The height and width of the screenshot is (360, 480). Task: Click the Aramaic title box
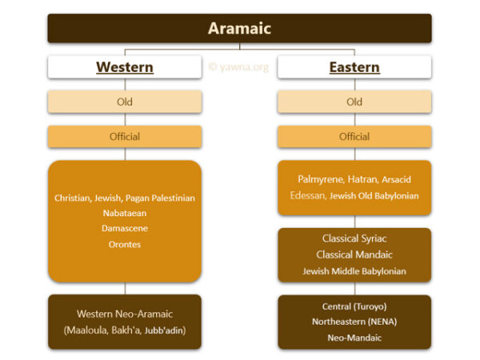239,29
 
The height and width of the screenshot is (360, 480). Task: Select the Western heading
124,67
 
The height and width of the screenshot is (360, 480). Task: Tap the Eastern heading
354,67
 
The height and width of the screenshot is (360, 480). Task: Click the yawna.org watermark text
238,67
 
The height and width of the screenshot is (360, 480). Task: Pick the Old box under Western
124,102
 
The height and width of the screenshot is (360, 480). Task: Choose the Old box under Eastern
354,102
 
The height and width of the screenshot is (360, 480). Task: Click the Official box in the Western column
124,136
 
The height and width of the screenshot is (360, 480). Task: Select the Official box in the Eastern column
354,136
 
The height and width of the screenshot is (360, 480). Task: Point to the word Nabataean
124,214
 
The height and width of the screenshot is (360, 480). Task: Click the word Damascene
124,229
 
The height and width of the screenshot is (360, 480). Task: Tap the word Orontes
124,244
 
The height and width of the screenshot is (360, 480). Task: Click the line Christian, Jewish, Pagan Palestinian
124,198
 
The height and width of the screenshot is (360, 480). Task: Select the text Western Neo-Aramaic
124,314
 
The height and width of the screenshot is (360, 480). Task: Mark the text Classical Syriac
354,239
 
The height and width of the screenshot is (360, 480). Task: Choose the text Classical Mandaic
354,255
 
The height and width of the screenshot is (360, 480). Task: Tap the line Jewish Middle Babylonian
354,271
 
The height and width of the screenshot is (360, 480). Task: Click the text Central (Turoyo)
354,306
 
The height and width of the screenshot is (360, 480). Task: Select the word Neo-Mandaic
354,338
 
